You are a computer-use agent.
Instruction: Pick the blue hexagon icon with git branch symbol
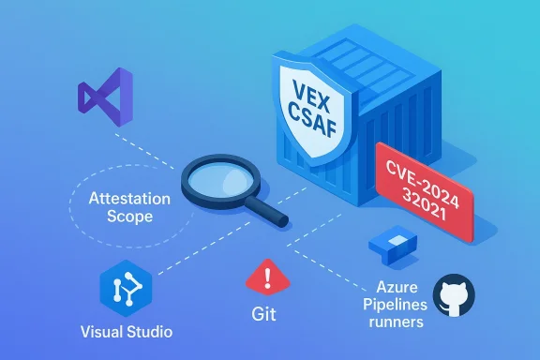click(x=126, y=292)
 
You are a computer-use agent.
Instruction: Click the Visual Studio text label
click(x=126, y=333)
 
